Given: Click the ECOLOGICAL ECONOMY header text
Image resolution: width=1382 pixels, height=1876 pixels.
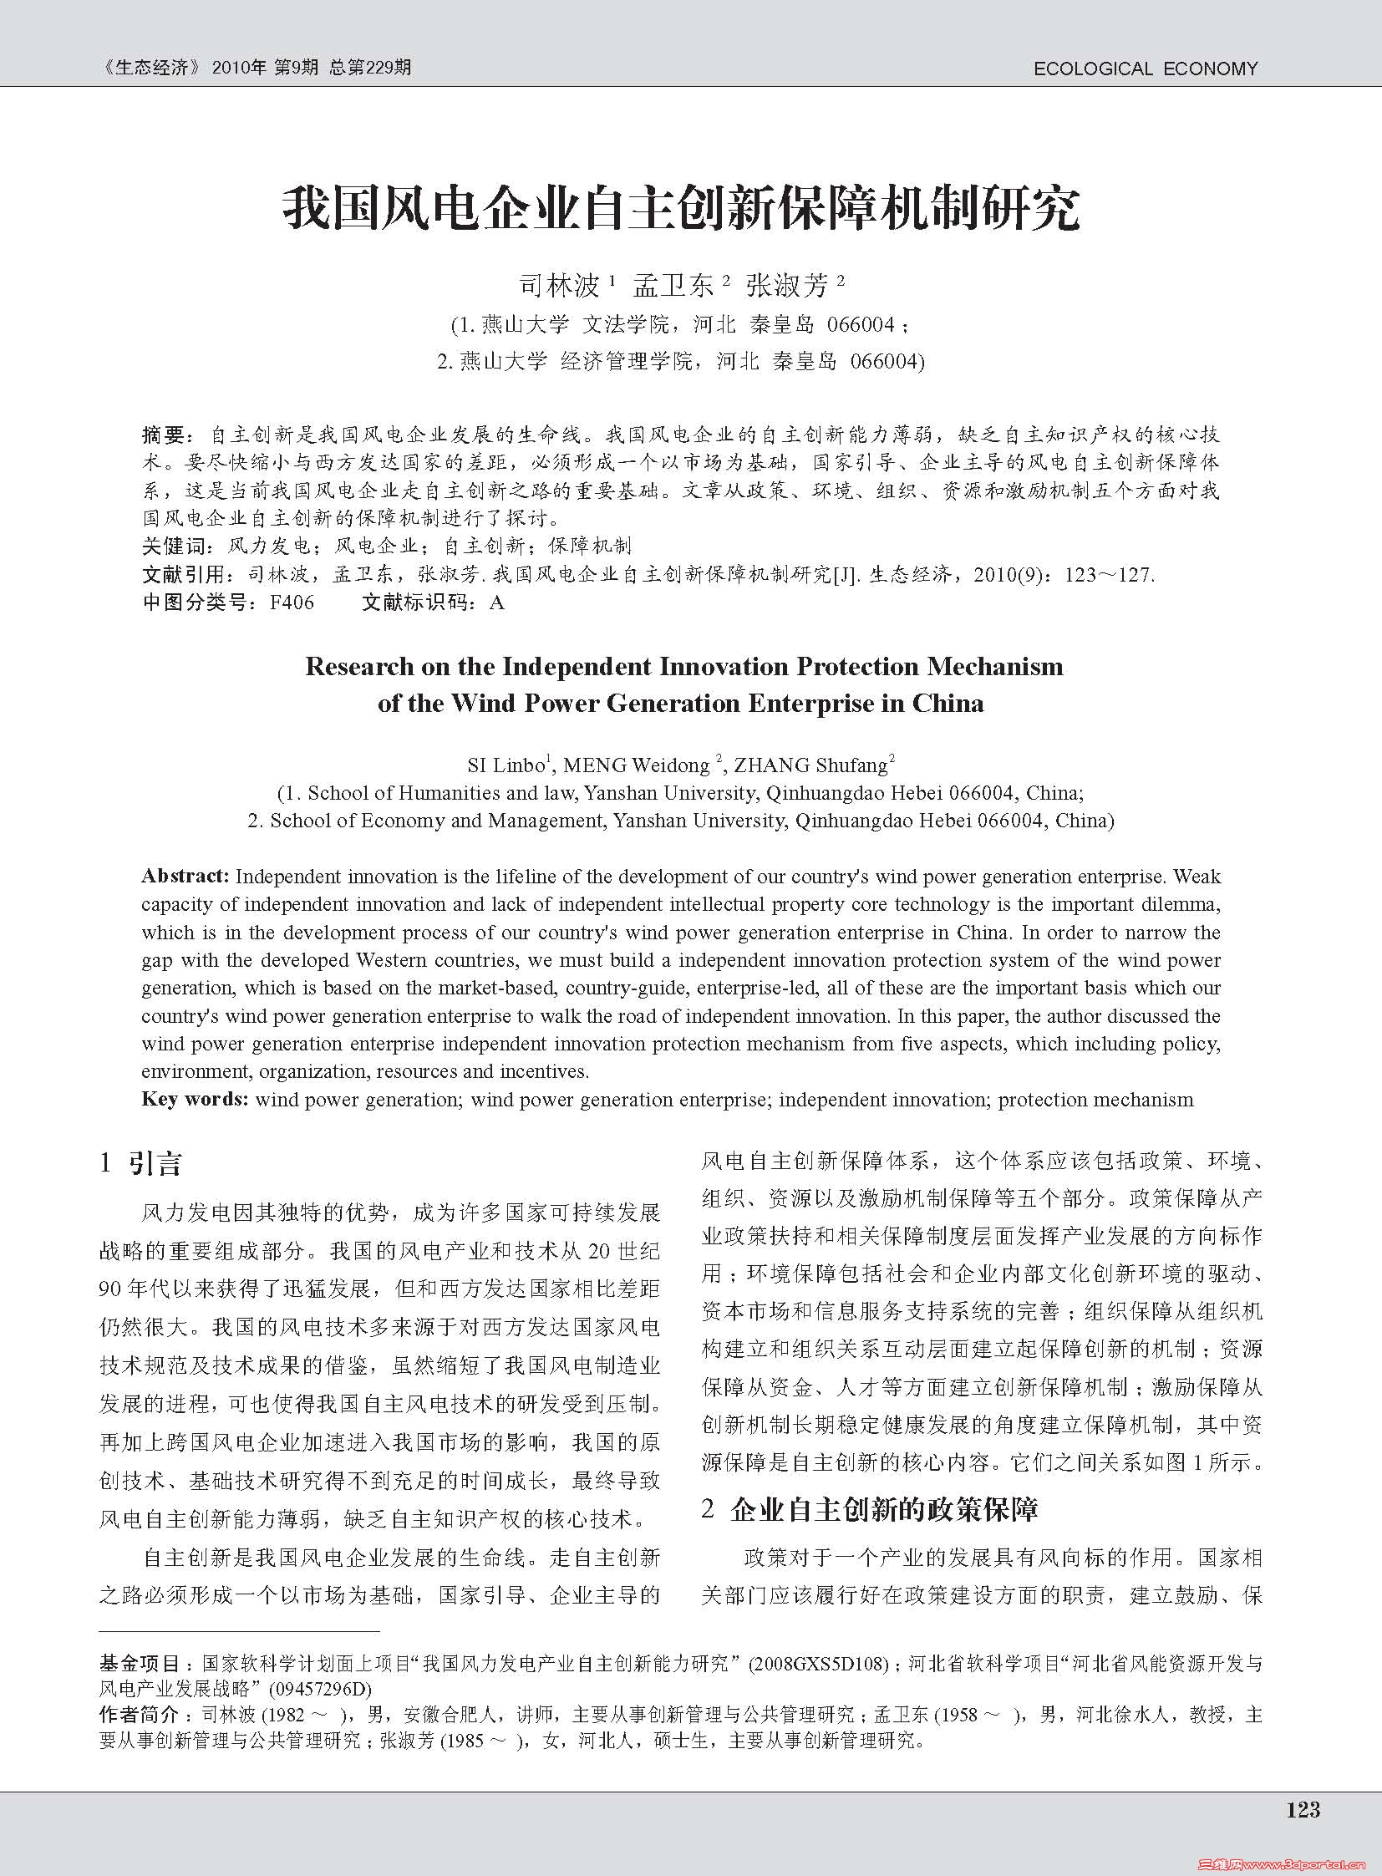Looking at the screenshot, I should pyautogui.click(x=1146, y=69).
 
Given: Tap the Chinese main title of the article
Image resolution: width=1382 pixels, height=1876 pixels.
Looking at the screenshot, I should pyautogui.click(x=681, y=209).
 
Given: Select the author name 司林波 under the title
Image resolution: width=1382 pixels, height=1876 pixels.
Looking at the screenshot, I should pyautogui.click(x=560, y=286).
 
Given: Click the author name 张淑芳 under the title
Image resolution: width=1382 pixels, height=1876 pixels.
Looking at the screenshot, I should pyautogui.click(x=786, y=286).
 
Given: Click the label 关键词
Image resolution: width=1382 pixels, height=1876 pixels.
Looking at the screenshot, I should pyautogui.click(x=172, y=547).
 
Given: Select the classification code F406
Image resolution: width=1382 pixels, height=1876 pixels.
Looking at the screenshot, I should pyautogui.click(x=292, y=602).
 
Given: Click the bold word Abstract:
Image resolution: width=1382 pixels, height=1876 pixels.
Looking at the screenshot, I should pyautogui.click(x=185, y=876).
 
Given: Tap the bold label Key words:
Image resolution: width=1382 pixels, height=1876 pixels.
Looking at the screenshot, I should pyautogui.click(x=195, y=1099).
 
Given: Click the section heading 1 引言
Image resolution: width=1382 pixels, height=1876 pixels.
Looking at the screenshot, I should pyautogui.click(x=140, y=1163).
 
